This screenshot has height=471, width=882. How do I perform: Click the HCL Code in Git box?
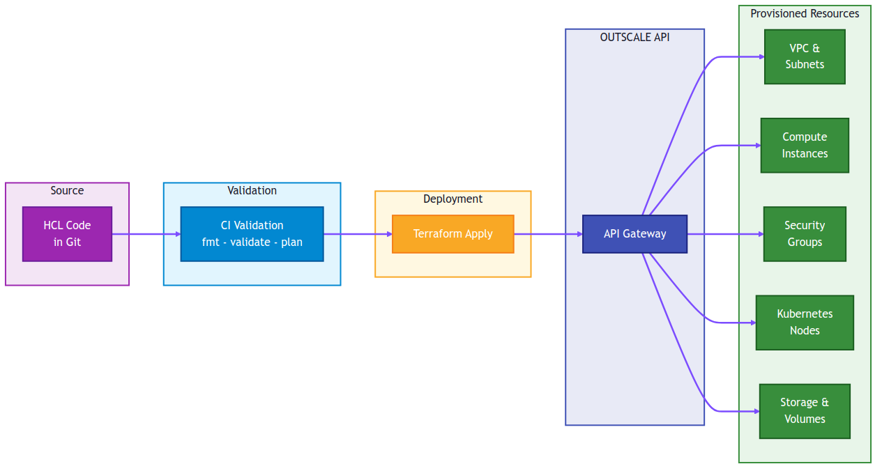(67, 234)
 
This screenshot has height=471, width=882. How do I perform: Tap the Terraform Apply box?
(453, 234)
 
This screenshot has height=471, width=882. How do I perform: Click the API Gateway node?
(634, 234)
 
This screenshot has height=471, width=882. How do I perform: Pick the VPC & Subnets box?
(805, 56)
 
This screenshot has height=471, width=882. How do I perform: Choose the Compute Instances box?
(805, 145)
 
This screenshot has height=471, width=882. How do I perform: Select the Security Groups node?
(805, 234)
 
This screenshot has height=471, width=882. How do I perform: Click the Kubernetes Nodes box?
(805, 323)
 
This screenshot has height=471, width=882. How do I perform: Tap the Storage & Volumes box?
(805, 411)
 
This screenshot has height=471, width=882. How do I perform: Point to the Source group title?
(67, 191)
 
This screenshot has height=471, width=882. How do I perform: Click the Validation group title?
(252, 191)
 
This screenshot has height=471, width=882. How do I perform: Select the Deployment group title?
(453, 199)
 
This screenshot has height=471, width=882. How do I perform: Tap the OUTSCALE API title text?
(634, 38)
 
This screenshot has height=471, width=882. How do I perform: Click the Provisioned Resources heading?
(805, 14)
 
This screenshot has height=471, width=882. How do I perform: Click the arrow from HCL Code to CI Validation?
(146, 234)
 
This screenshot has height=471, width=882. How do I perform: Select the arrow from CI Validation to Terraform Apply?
(358, 234)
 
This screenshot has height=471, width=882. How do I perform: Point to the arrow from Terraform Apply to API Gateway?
(548, 234)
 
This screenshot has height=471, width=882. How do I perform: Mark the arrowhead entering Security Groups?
(760, 234)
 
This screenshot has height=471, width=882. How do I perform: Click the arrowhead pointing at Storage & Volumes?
(756, 411)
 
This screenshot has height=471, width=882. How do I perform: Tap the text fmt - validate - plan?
(252, 242)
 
